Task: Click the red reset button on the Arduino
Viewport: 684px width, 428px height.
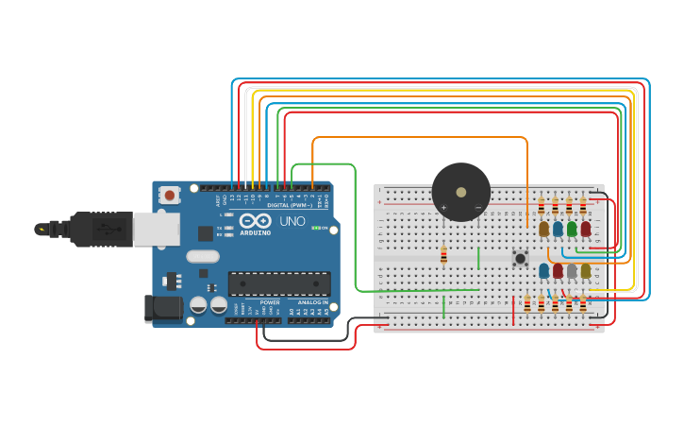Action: [170, 196]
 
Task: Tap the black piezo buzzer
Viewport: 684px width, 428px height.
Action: [460, 192]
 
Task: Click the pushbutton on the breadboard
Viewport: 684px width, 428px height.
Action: [520, 257]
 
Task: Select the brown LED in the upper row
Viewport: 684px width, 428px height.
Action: [544, 229]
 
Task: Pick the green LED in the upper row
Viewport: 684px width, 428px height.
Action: [572, 229]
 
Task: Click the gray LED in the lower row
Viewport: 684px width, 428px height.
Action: [572, 271]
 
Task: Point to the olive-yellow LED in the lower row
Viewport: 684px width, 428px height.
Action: [586, 271]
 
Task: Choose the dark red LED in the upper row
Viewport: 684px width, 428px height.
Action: [586, 229]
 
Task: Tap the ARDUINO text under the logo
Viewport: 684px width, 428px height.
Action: [256, 232]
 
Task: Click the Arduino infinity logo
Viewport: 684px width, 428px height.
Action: [256, 221]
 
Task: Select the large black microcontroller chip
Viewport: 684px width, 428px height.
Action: [279, 283]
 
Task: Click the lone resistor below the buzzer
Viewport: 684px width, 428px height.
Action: [443, 255]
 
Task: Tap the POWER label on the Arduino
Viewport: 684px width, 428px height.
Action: [270, 302]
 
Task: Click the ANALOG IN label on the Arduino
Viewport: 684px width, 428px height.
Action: [313, 302]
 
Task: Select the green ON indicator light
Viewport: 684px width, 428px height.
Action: [315, 228]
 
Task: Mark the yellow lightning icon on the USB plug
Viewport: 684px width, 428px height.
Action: [40, 229]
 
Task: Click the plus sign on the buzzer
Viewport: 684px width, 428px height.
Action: [443, 207]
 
